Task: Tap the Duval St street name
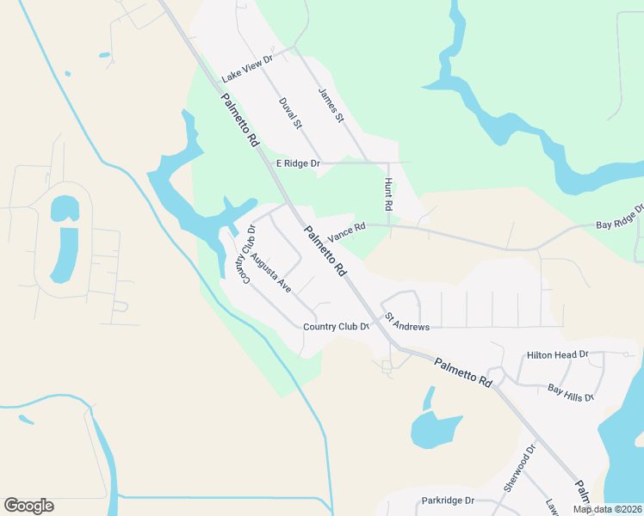click(x=290, y=114)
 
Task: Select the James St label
click(x=331, y=104)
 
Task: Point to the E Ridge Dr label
click(x=298, y=163)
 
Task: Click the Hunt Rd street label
click(x=388, y=195)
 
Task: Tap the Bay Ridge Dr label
click(x=620, y=218)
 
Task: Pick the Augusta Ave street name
click(x=270, y=272)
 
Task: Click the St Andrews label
click(x=406, y=321)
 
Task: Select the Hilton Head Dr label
click(x=557, y=354)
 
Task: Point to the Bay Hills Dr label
click(x=571, y=392)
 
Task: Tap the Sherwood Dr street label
click(x=520, y=469)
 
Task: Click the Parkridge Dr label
click(x=448, y=501)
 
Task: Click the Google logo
click(x=28, y=506)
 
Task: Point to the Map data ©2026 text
click(x=607, y=509)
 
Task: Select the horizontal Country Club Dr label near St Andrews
click(x=336, y=327)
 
